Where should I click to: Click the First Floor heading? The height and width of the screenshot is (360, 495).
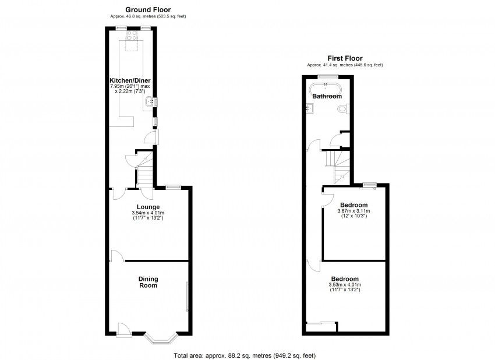point(345,58)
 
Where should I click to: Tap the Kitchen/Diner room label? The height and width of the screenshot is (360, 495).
point(128,80)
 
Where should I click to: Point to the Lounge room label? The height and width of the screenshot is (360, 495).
point(148,207)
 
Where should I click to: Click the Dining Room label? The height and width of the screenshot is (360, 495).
point(148,282)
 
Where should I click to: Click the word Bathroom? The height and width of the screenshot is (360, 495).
point(327,96)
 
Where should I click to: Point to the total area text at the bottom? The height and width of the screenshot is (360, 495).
point(245,355)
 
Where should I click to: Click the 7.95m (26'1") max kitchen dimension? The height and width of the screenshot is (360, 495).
point(129,86)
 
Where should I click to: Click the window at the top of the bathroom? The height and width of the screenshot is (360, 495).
point(327,76)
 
